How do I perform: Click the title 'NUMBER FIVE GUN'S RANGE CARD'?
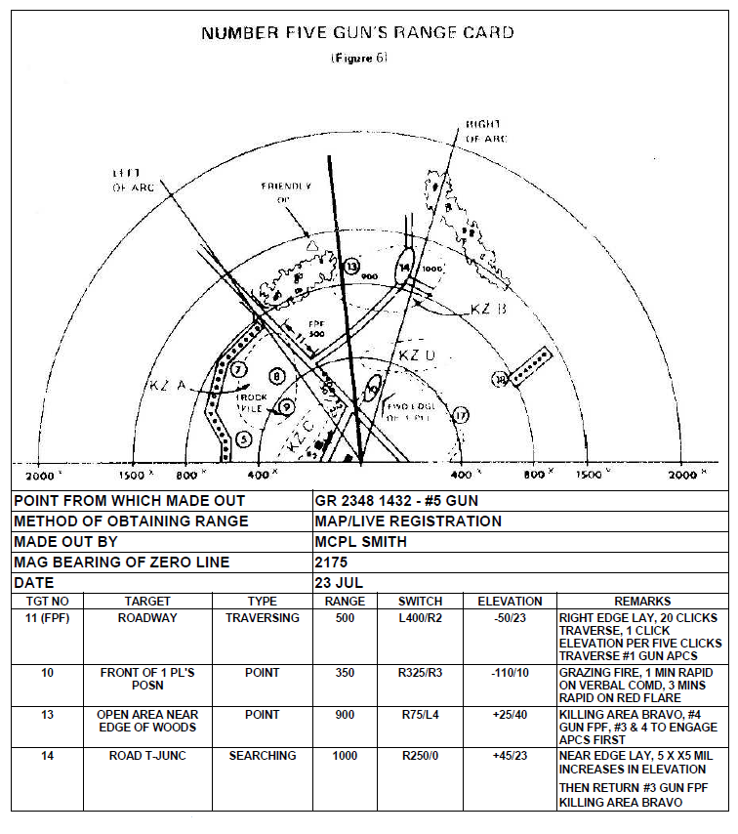pos(357,33)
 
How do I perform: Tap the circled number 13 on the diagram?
pos(351,266)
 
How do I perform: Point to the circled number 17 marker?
pos(461,416)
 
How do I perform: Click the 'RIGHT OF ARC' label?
pos(484,132)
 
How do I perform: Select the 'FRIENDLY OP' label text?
pos(286,191)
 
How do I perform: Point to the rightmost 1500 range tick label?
pos(589,475)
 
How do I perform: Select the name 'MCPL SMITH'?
pos(360,542)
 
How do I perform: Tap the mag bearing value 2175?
pos(333,563)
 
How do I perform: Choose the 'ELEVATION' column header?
pos(510,602)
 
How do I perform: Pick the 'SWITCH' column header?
pos(421,602)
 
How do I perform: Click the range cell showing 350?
pos(346,673)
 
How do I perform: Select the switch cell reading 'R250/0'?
pos(421,756)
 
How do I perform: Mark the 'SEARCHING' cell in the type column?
pos(263,756)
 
